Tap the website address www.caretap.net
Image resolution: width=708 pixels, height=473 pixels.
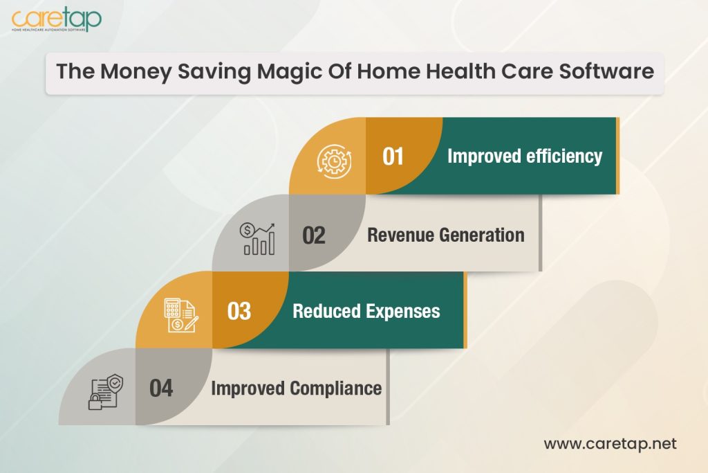[609, 443]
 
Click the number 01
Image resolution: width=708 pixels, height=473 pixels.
[393, 157]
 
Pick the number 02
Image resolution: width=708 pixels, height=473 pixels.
[314, 235]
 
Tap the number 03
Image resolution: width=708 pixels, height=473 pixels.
[239, 311]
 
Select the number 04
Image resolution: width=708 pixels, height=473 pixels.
[161, 388]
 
